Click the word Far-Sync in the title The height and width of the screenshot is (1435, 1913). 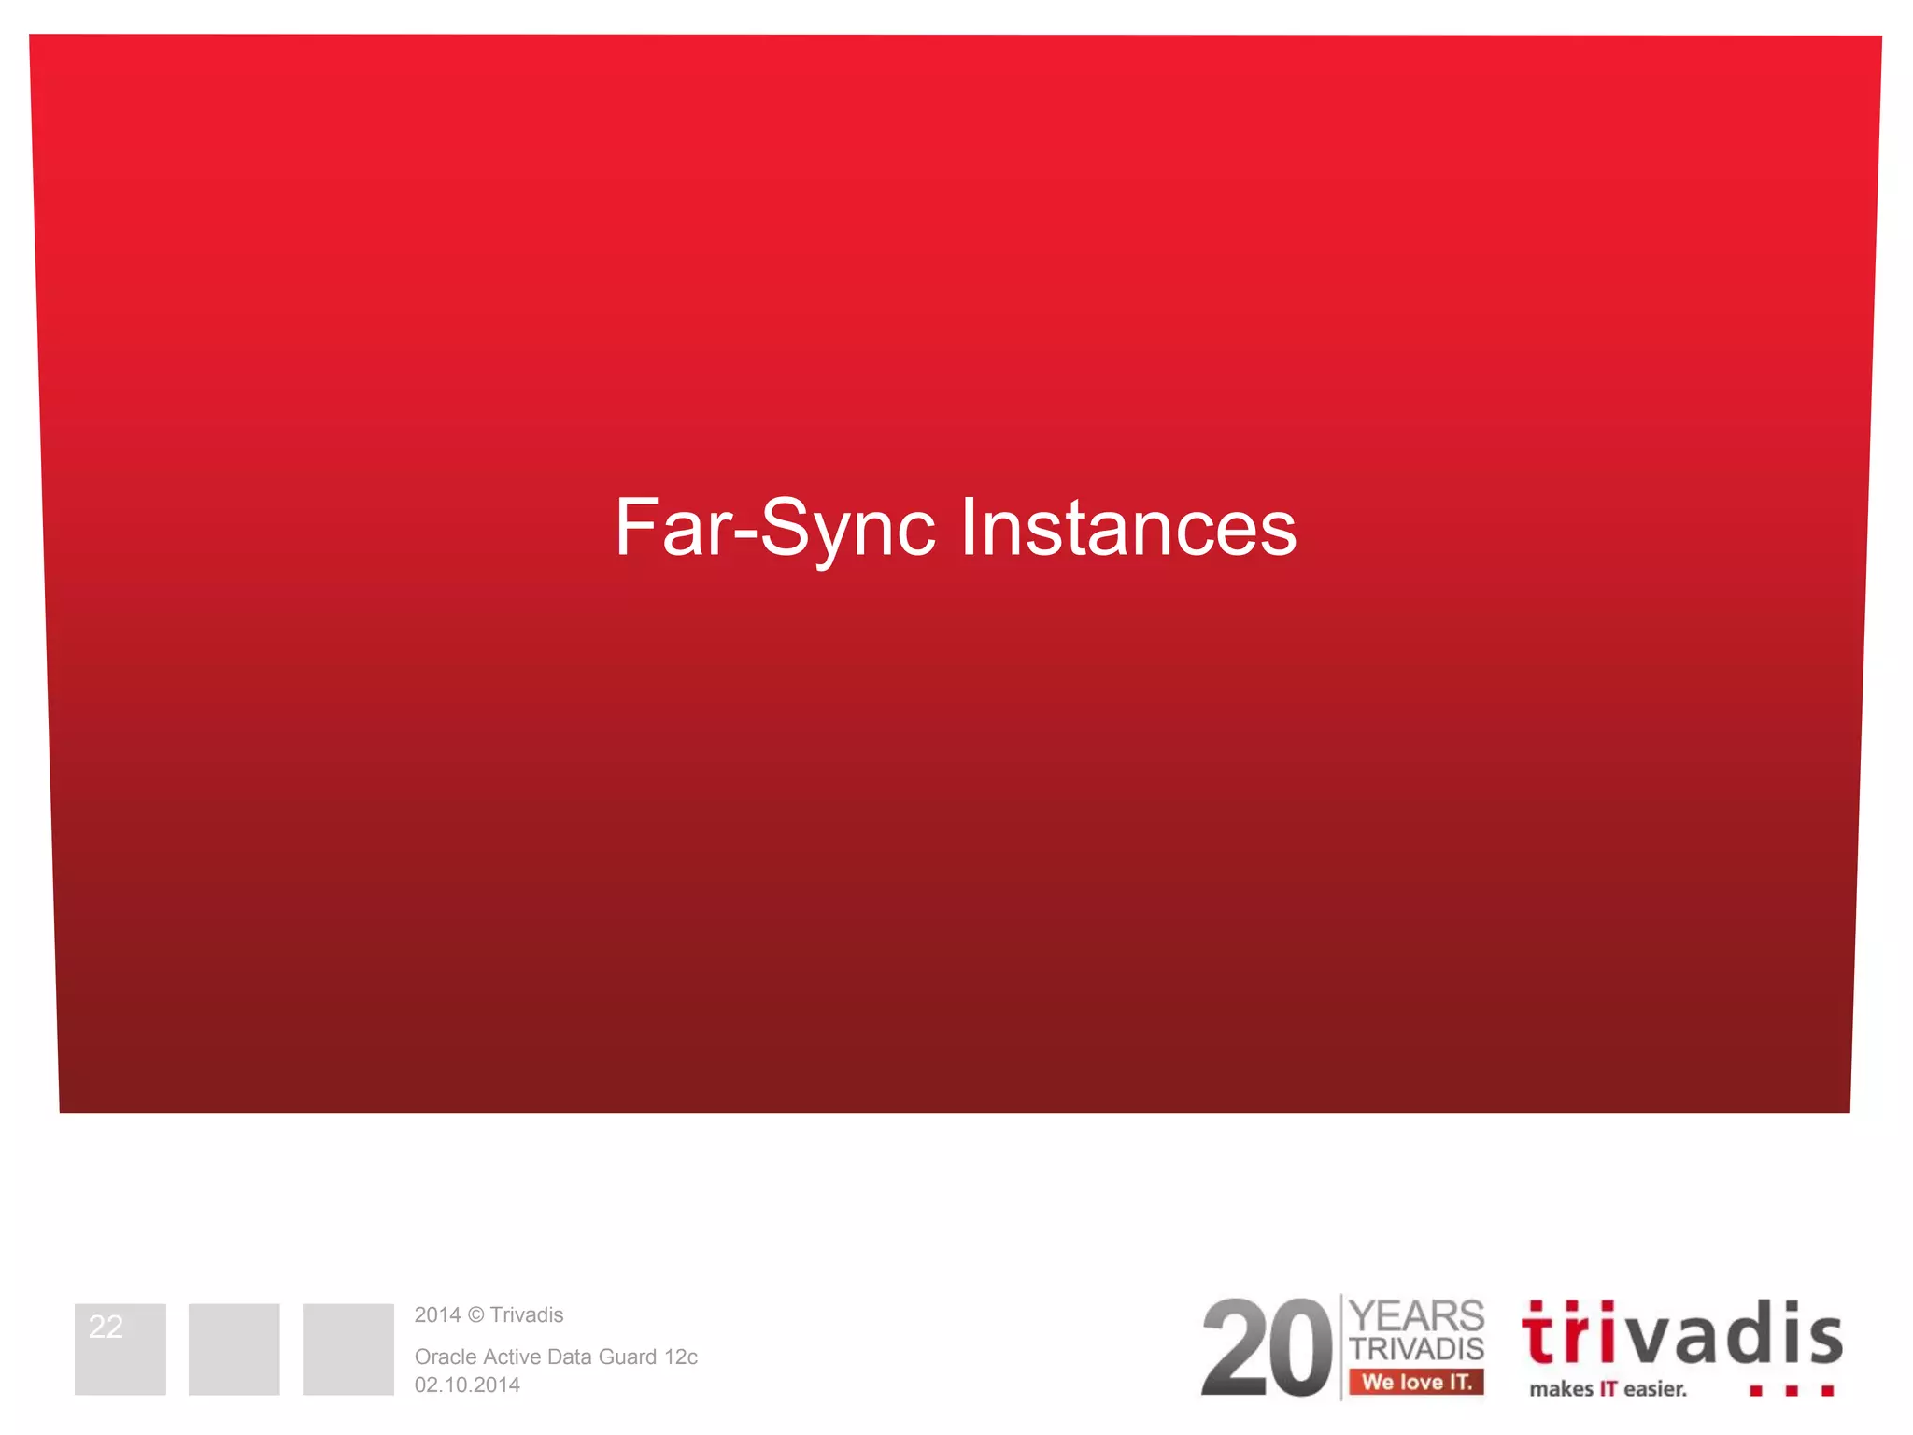(774, 529)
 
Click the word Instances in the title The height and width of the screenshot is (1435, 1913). (1128, 529)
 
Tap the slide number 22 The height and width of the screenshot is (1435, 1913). (106, 1327)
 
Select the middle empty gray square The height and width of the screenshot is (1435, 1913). (234, 1349)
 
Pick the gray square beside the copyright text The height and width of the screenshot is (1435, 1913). (347, 1349)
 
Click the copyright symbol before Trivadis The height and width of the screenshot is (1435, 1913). (475, 1315)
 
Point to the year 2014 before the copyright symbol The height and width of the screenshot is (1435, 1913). (437, 1315)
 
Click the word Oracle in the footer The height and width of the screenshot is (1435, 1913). (445, 1357)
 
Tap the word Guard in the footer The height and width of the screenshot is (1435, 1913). (627, 1357)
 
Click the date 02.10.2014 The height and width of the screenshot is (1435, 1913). (467, 1385)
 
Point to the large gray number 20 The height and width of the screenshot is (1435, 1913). (1266, 1349)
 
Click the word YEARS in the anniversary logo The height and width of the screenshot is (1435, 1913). (1416, 1316)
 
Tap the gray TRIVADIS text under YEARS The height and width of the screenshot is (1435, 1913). (1416, 1349)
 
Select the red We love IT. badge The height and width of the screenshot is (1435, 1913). (1416, 1382)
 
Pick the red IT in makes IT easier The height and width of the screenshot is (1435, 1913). (1608, 1389)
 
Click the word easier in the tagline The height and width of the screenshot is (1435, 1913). (1655, 1389)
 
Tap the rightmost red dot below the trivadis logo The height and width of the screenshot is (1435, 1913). (1827, 1391)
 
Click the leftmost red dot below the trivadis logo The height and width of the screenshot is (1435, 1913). (1756, 1391)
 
